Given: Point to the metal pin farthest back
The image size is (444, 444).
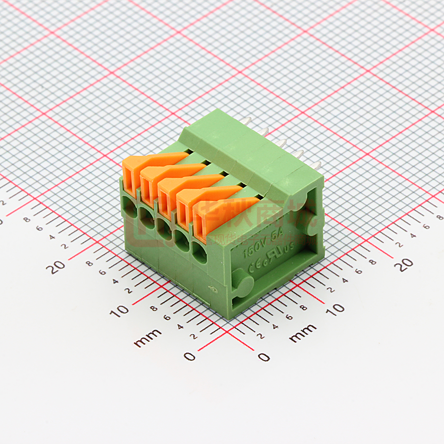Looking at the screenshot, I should point(248,120).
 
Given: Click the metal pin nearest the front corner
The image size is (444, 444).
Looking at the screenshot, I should point(314,166).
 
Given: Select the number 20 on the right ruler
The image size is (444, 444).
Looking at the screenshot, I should point(404,264).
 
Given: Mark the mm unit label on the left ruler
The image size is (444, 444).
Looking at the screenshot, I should point(148,339).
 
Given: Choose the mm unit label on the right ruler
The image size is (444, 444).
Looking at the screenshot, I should point(303,333).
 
